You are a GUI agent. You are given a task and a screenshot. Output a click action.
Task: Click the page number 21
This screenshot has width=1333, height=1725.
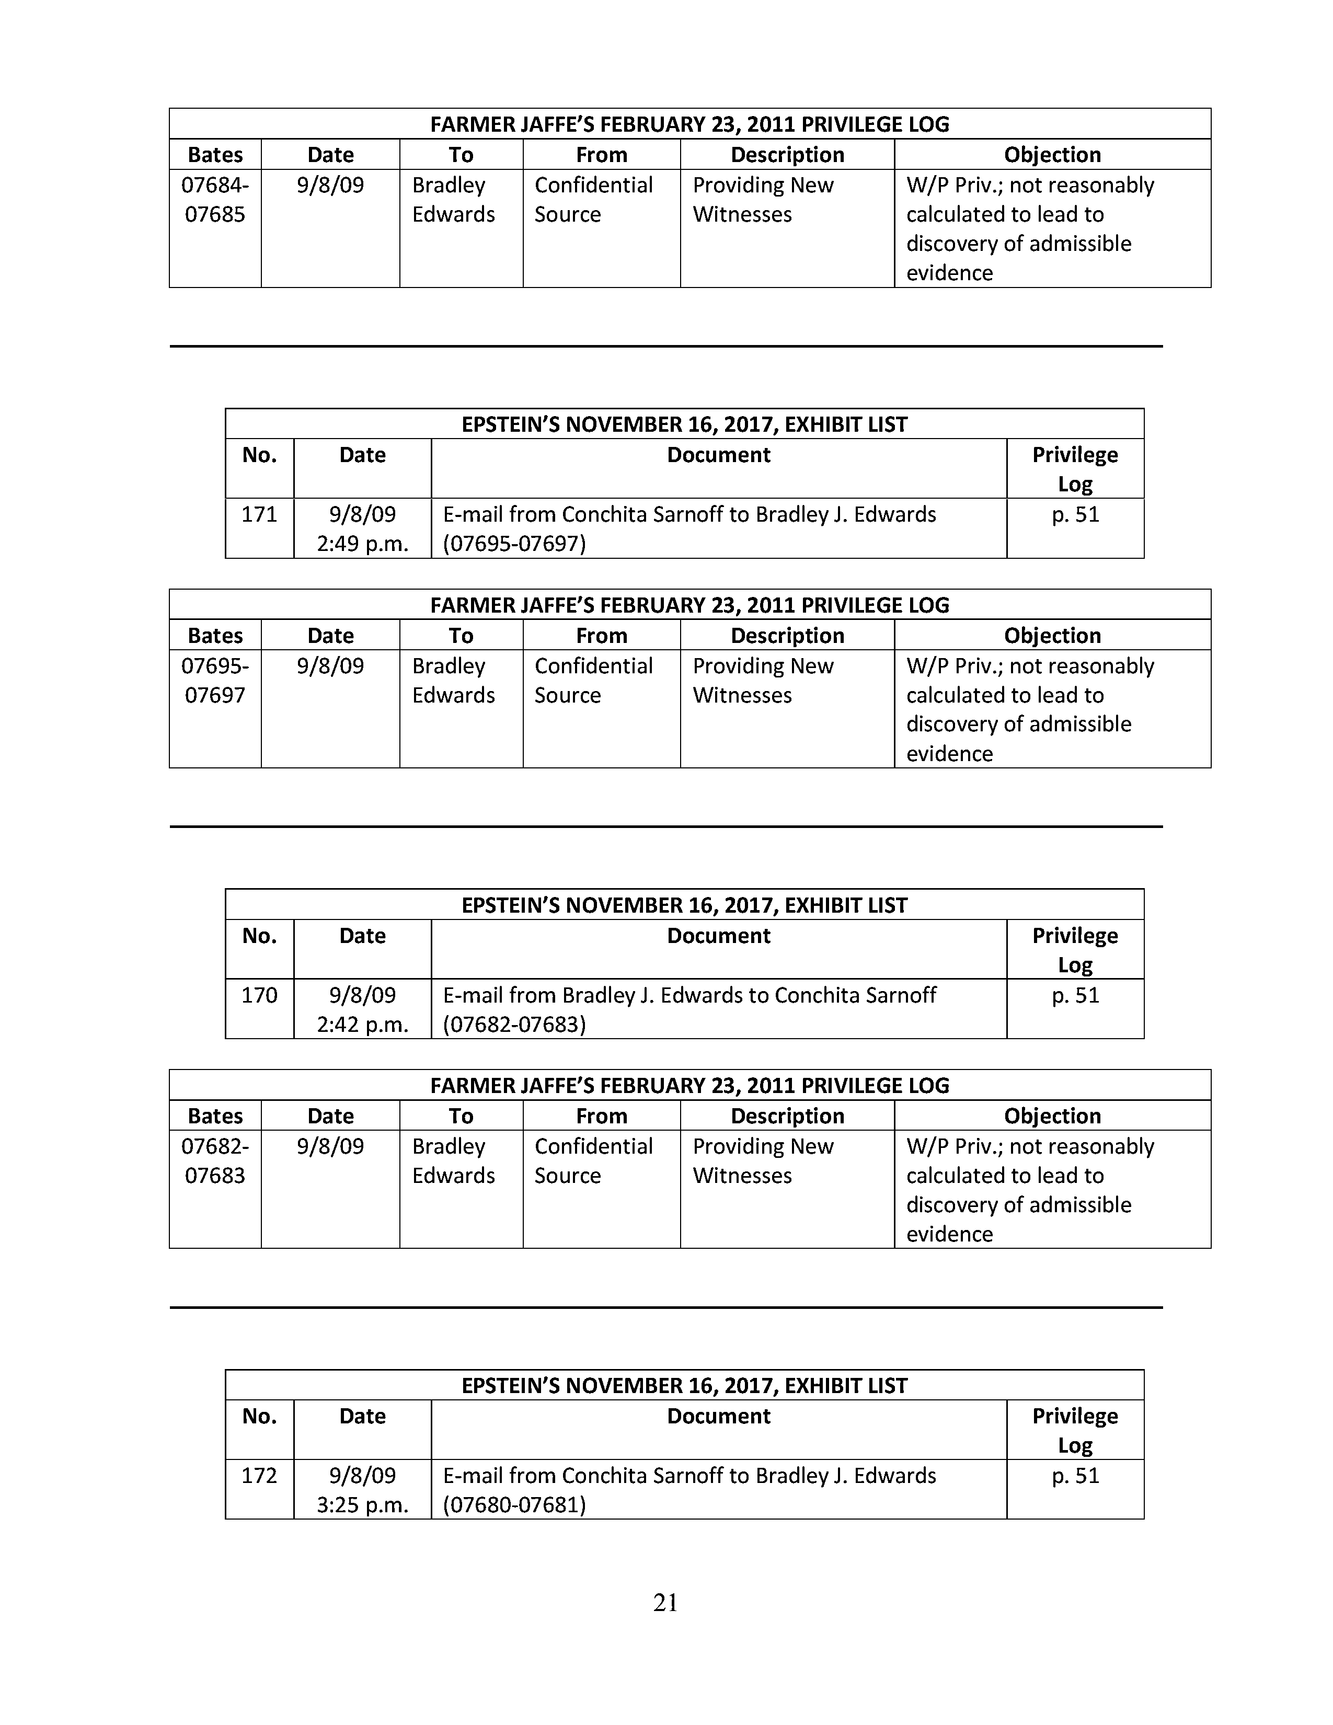pos(665,1603)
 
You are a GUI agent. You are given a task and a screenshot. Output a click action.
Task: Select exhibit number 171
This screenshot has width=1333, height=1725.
pos(259,515)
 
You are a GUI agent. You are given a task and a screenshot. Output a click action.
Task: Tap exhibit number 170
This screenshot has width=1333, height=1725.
pos(259,995)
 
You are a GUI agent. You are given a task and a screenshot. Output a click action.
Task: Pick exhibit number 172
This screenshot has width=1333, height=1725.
pos(259,1476)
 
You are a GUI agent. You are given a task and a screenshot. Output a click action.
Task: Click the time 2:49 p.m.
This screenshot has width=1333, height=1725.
pos(362,544)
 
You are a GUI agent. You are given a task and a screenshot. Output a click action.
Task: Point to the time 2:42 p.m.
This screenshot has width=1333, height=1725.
pos(362,1025)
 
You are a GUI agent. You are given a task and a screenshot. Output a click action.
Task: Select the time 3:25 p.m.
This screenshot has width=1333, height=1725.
pos(362,1504)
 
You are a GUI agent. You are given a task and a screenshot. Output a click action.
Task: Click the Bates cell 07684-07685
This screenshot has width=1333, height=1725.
pos(215,200)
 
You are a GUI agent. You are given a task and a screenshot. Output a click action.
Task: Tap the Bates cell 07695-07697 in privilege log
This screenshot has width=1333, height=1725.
pos(215,680)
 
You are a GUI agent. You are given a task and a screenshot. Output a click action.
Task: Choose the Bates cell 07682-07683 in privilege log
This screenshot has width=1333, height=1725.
pos(215,1160)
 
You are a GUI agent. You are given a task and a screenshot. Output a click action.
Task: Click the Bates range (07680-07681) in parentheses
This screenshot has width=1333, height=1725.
pos(514,1504)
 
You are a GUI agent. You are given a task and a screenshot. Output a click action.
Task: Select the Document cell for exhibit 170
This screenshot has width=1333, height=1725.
pos(690,1009)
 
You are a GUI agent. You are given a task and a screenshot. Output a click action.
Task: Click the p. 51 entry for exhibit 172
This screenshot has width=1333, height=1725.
pos(1075,1476)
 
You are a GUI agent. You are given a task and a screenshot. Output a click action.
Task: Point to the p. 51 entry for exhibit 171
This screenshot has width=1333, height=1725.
pos(1075,515)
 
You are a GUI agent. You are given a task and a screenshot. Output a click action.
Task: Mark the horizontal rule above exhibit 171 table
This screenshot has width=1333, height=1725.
pos(665,346)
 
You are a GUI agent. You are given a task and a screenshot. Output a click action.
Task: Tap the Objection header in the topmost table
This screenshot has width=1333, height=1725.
pos(1052,155)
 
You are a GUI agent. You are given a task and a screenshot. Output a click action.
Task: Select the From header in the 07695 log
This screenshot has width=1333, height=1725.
pos(601,636)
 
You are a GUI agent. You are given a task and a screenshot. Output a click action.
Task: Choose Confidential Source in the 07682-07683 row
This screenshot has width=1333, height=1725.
pos(593,1160)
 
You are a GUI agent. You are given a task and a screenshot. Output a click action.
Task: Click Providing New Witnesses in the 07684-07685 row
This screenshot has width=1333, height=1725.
pos(763,200)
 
